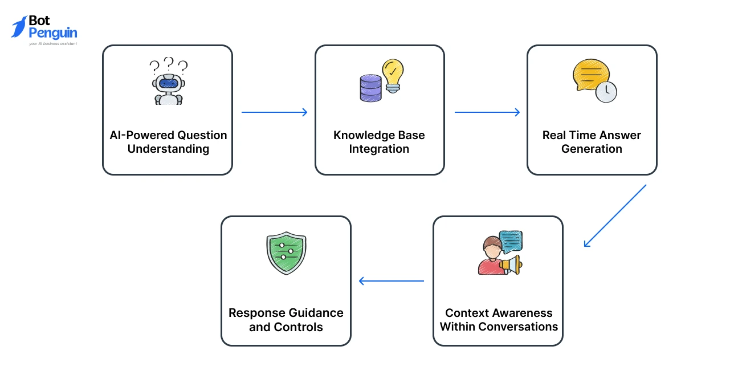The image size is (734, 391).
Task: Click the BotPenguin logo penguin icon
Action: click(19, 27)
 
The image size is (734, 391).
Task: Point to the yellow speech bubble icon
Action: click(591, 75)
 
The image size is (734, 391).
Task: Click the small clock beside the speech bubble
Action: click(606, 91)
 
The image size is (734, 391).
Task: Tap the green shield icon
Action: click(286, 252)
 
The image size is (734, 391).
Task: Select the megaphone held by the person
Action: click(510, 264)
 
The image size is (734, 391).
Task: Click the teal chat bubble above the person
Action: click(510, 242)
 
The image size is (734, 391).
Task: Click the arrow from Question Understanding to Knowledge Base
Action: click(274, 112)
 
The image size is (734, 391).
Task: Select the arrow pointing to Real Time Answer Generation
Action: click(487, 112)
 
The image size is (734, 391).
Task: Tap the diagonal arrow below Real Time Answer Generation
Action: click(615, 215)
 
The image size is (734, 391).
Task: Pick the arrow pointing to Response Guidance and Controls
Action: click(391, 281)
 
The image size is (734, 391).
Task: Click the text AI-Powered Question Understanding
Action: click(168, 142)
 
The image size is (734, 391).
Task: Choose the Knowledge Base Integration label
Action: click(379, 142)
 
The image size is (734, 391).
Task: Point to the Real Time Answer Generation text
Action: click(592, 142)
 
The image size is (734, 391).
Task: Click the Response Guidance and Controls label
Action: click(286, 320)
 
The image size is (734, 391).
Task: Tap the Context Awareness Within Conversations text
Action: click(499, 320)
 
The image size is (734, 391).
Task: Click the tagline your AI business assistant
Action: click(53, 43)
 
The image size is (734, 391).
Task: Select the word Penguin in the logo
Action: click(53, 33)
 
